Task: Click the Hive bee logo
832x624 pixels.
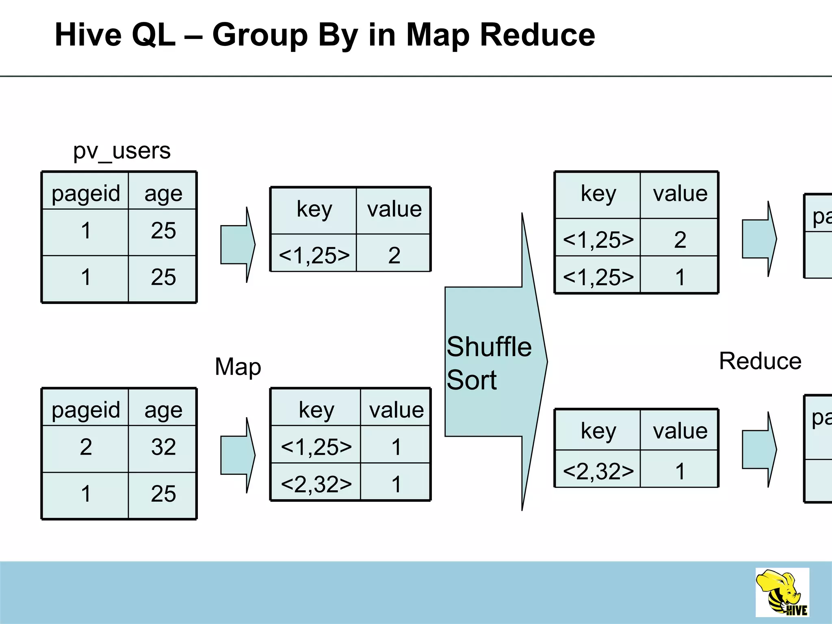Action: (782, 593)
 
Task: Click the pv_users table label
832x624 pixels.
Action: (121, 151)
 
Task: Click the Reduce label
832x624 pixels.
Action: (760, 361)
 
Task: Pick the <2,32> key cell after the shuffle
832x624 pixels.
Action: (598, 471)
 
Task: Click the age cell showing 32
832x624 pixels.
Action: (163, 447)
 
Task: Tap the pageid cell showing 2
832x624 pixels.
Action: (86, 447)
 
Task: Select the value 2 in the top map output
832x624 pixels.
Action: (394, 255)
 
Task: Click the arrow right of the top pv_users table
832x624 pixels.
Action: (238, 245)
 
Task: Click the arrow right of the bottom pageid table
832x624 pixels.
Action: (238, 455)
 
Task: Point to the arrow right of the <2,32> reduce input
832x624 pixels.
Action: (759, 449)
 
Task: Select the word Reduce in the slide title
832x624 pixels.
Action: (537, 35)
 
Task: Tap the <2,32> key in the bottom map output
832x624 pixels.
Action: (316, 484)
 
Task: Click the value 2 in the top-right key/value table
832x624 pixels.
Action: (680, 240)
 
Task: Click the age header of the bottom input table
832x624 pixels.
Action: (163, 409)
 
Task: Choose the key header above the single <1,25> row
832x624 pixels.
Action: (314, 209)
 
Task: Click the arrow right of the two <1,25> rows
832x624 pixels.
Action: (759, 239)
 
